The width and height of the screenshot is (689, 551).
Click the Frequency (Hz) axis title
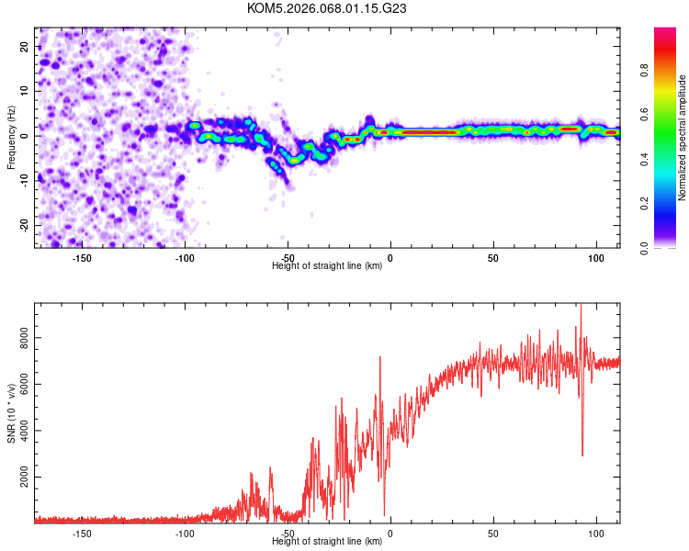[11, 137]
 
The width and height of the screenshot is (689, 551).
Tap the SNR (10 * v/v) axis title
[11, 412]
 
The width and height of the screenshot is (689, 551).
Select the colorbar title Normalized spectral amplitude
[683, 138]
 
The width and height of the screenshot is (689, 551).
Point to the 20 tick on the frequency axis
[25, 46]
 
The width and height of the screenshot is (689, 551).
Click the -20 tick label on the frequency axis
[22, 225]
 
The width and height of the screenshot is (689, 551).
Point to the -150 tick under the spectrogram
[81, 257]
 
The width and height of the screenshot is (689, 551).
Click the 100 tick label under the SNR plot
[596, 533]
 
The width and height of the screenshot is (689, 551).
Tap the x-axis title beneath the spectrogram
[327, 266]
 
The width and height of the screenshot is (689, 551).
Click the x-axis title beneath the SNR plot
[327, 541]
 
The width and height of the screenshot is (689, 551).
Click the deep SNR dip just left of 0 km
[384, 514]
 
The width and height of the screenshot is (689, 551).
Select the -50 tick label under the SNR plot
[288, 533]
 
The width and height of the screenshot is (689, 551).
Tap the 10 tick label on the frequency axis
[25, 91]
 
